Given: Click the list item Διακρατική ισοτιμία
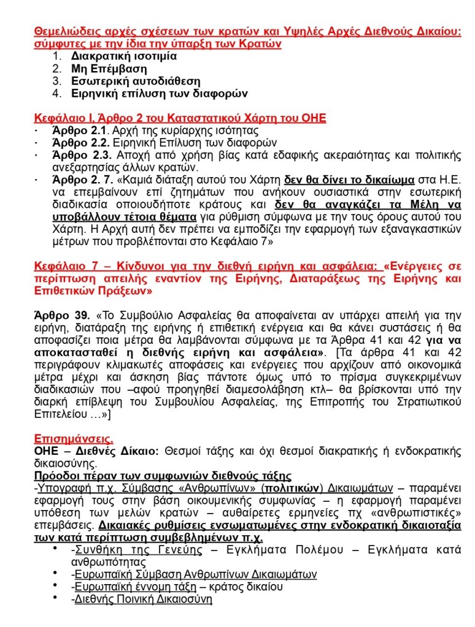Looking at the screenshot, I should pos(123,56).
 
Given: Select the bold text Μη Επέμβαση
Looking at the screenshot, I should pos(106,68).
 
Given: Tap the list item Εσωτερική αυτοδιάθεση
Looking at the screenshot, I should pos(135,81).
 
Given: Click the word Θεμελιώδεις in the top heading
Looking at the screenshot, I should pos(64,31).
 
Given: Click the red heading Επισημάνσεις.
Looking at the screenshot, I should pos(73,439).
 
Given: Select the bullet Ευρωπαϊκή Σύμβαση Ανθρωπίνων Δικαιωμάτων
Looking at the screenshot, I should pos(196,574).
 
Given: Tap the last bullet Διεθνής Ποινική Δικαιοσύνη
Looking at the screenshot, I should pos(143,599).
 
